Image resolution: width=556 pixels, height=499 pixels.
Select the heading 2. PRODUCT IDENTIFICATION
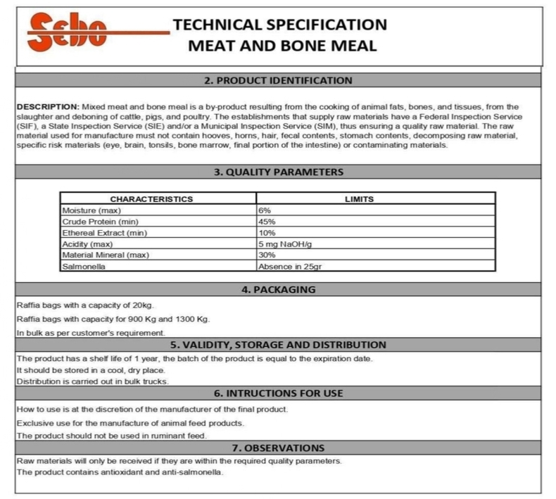pyautogui.click(x=278, y=80)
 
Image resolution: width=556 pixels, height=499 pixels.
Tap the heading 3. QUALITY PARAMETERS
pyautogui.click(x=278, y=172)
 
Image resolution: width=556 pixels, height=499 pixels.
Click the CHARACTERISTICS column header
pyautogui.click(x=151, y=199)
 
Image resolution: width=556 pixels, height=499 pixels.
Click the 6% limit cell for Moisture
pyautogui.click(x=265, y=210)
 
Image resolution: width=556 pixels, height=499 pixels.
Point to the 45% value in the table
pyautogui.click(x=267, y=222)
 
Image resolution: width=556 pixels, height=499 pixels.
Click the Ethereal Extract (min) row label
pyautogui.click(x=104, y=233)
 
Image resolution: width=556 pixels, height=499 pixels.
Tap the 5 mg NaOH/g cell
pyautogui.click(x=286, y=244)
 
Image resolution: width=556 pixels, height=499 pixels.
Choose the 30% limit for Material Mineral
pyautogui.click(x=267, y=255)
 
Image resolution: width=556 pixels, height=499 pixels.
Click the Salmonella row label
pyautogui.click(x=82, y=266)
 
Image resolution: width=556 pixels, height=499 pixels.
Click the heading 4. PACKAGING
pyautogui.click(x=278, y=289)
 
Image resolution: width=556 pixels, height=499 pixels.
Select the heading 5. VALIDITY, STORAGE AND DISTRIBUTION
pyautogui.click(x=278, y=345)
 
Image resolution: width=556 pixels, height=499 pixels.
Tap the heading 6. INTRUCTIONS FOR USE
pyautogui.click(x=278, y=393)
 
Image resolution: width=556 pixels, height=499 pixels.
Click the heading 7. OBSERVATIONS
pyautogui.click(x=278, y=448)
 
